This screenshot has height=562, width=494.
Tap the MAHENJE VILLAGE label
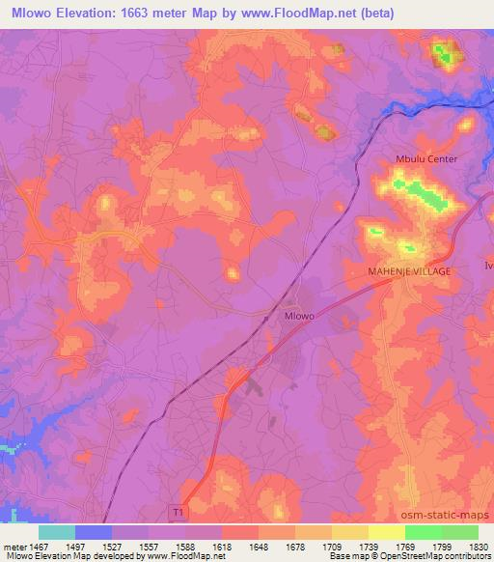pos(409,272)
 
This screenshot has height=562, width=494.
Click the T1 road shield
pos(178,511)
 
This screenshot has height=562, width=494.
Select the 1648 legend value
pos(258,546)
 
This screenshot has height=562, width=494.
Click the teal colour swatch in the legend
pos(57,532)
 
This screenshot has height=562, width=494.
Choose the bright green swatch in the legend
pos(423,532)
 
